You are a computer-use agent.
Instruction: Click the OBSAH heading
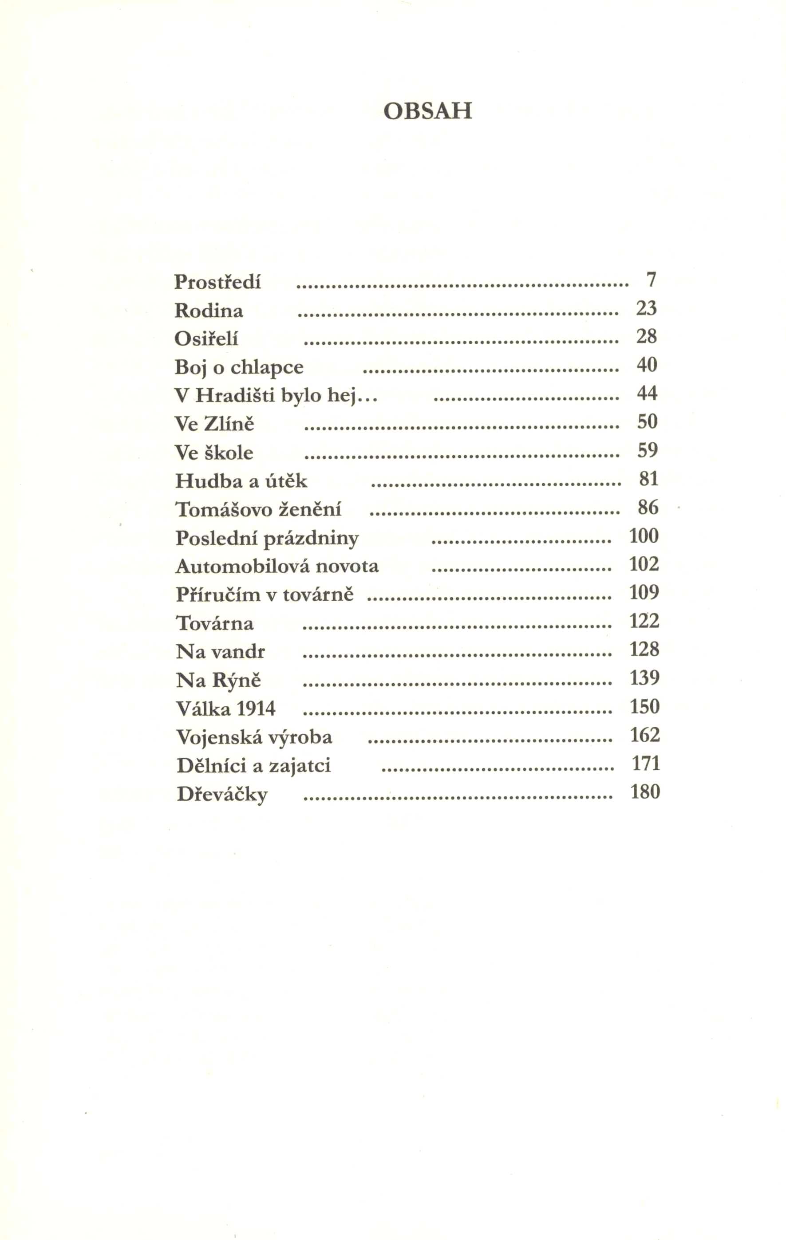[x=427, y=111]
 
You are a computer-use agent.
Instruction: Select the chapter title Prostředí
[x=217, y=282]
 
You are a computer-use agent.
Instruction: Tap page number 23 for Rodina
[x=646, y=308]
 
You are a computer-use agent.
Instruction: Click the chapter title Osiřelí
[x=206, y=339]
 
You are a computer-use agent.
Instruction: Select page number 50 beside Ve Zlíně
[x=648, y=422]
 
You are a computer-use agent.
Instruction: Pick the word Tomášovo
[x=224, y=510]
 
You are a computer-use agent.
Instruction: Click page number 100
[x=644, y=536]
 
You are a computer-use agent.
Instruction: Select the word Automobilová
[x=243, y=567]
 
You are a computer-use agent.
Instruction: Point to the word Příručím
[x=218, y=595]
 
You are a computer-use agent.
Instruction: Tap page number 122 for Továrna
[x=644, y=621]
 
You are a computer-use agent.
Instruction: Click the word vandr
[x=238, y=652]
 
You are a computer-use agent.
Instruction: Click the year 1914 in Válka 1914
[x=256, y=709]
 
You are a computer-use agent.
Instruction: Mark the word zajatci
[x=300, y=766]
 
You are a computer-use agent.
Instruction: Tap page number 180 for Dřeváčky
[x=645, y=791]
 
